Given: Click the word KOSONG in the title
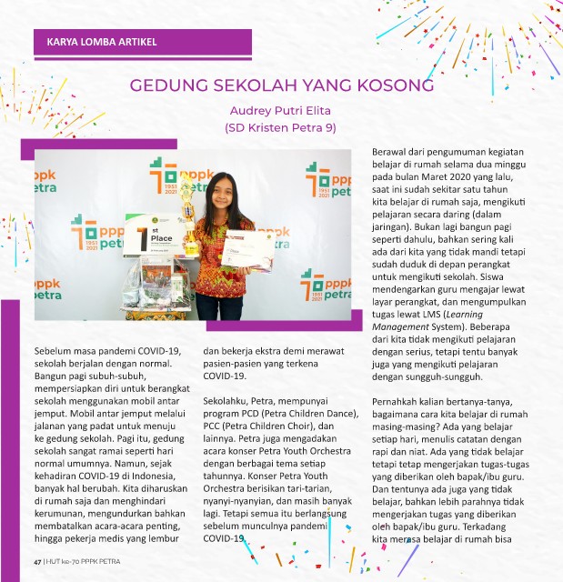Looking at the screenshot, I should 388,86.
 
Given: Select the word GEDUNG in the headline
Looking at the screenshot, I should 168,86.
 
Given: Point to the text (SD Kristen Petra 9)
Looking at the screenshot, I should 280,128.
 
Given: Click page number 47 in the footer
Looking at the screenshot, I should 38,562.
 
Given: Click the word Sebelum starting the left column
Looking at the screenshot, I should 56,350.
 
